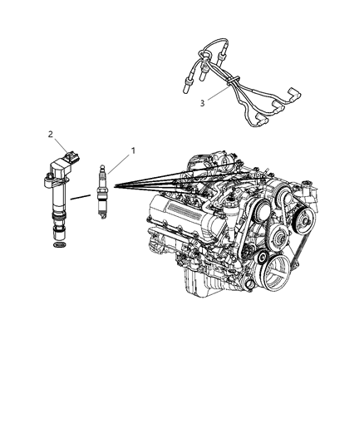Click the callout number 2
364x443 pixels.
click(51, 133)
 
